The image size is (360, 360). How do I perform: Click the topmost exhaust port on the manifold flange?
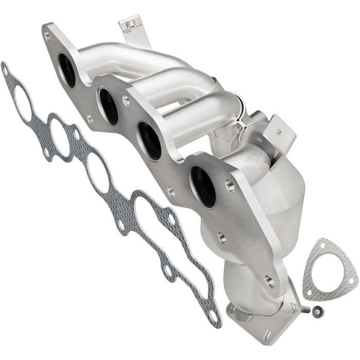point(67,70)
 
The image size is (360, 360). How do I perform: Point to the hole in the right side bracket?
point(278,131)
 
